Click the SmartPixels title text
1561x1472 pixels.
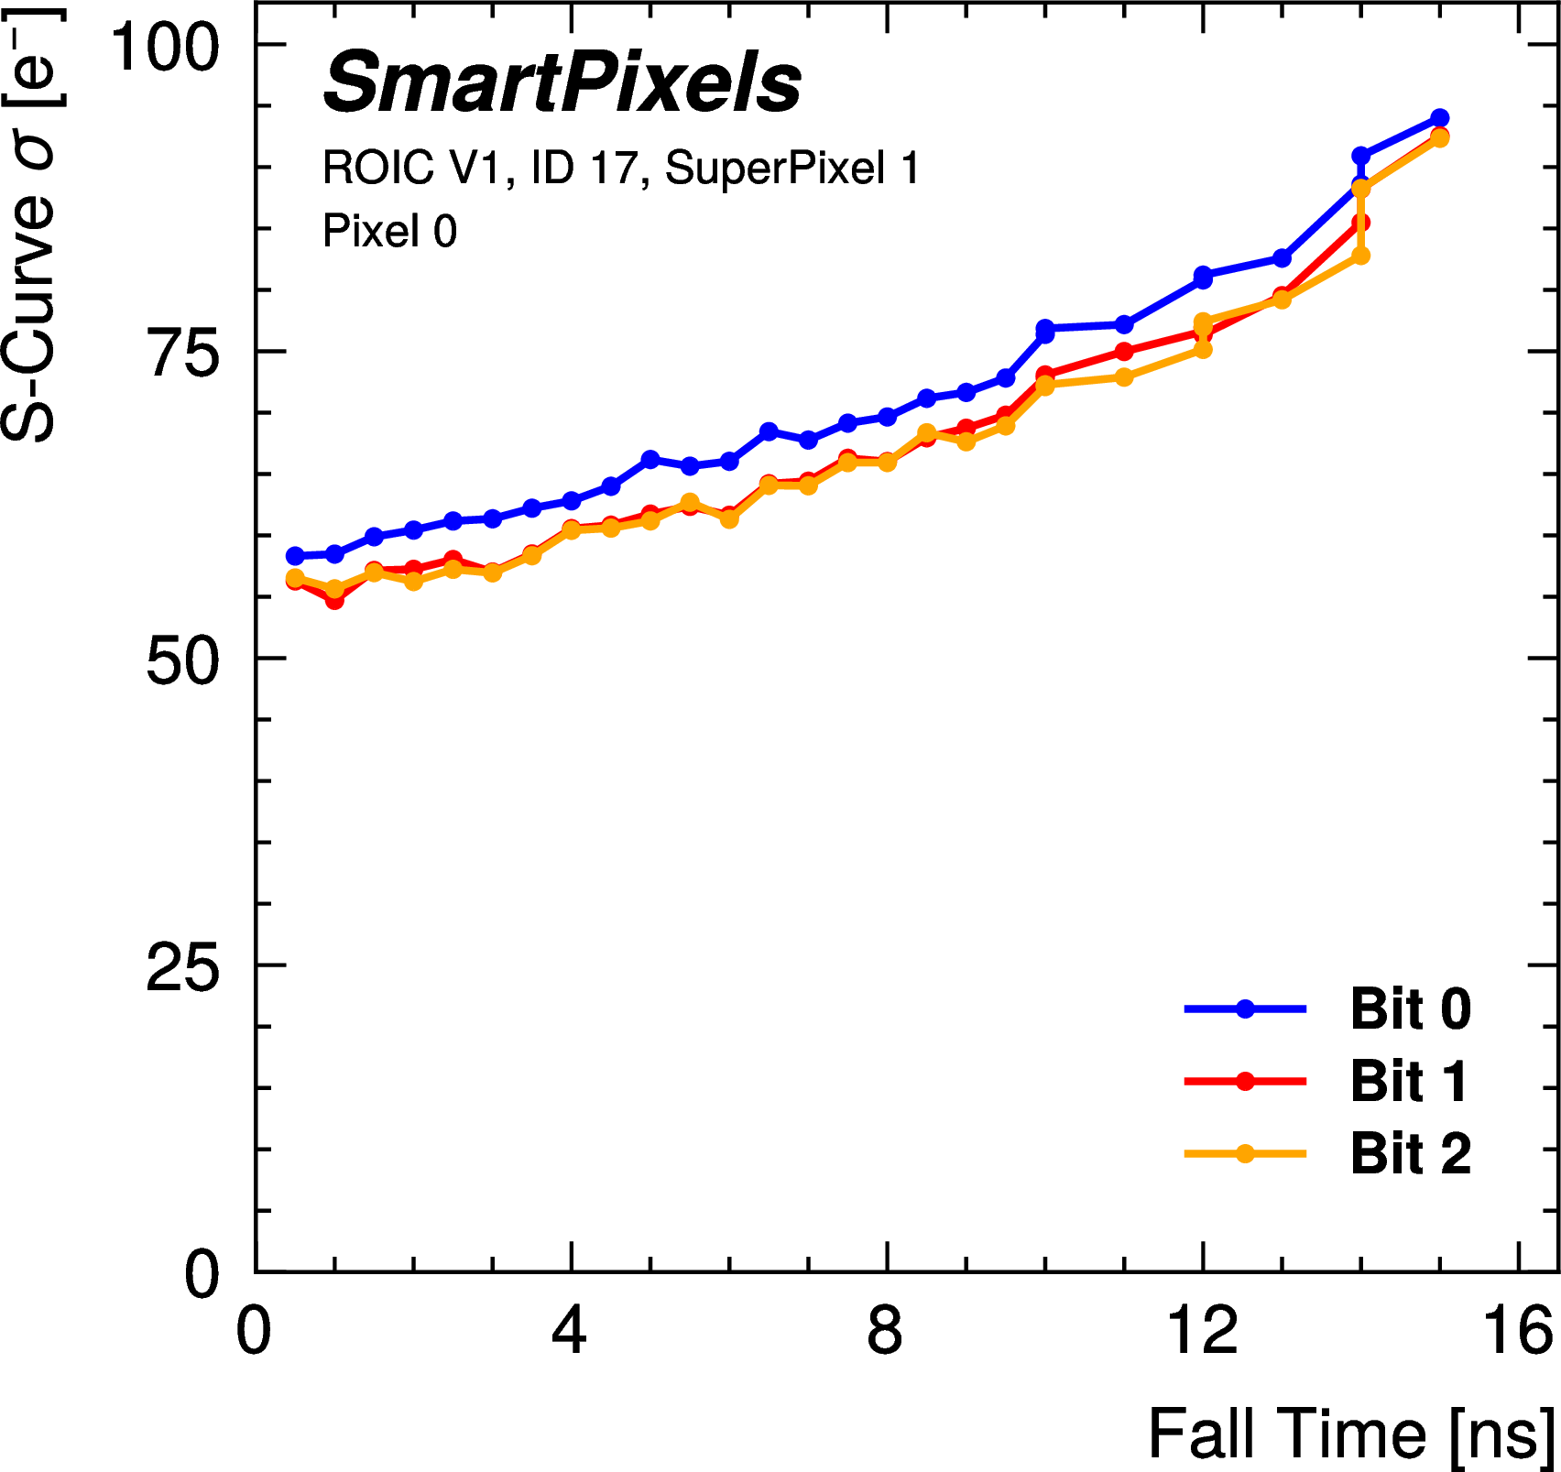[562, 83]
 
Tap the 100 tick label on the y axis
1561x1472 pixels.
[165, 46]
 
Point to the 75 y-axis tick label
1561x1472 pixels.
[183, 353]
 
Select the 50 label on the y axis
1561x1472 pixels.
[183, 660]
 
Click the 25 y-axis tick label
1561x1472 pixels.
[183, 967]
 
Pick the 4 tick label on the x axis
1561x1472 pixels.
[569, 1331]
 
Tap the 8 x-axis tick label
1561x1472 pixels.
[885, 1331]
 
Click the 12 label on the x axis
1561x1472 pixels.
[1202, 1331]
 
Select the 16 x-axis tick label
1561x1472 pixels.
[1519, 1331]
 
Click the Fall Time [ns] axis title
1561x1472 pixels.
[1351, 1434]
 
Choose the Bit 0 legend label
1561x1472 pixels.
[1410, 1009]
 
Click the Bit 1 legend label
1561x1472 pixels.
[1408, 1082]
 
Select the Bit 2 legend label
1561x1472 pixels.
[1410, 1153]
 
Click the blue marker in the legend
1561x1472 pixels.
[1245, 1009]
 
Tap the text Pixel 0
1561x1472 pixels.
[389, 231]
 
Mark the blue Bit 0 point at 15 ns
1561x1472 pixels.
[1439, 118]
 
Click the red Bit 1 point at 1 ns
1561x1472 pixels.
[334, 601]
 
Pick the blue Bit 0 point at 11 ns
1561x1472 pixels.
[1124, 325]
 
